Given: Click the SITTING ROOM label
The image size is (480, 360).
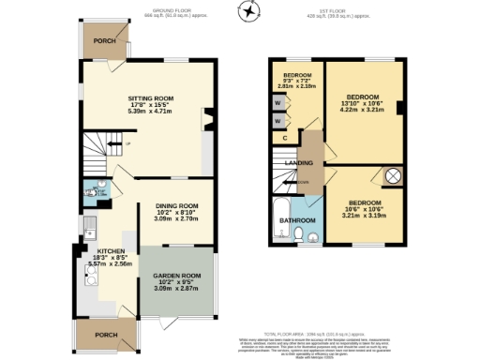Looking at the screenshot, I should point(151,97).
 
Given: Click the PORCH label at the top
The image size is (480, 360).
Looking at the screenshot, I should point(105,40).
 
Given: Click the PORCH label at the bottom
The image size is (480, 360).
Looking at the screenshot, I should point(105,335).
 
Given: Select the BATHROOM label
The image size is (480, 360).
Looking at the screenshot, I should point(296,221).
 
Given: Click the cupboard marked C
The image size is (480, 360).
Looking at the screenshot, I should point(284,138).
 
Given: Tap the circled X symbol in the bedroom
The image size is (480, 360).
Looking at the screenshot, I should point(394,175).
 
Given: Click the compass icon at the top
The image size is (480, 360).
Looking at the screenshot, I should point(247,11).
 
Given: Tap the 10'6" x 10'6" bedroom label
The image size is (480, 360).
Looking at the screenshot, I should point(365,210).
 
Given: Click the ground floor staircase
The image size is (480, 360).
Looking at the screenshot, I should point(99,145).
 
